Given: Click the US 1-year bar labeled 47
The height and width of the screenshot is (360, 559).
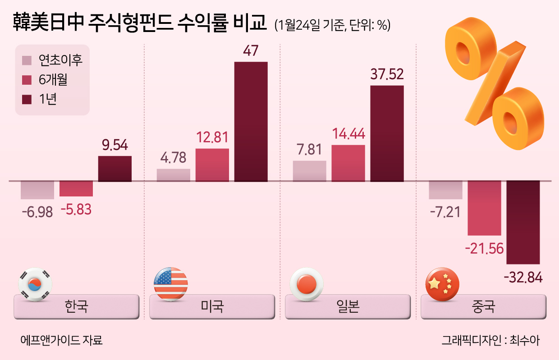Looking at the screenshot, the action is (251, 122).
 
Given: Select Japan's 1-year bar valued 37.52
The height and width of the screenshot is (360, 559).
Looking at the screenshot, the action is (387, 133).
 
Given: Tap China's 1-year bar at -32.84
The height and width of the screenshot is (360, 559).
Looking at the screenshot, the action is (523, 222).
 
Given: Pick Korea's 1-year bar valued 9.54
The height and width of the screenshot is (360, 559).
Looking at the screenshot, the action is (115, 169).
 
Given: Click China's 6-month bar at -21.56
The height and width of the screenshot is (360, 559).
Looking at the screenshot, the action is (484, 208).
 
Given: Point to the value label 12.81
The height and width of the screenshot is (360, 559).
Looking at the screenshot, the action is (212, 137).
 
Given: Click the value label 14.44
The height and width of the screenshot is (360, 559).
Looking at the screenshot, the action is (348, 133).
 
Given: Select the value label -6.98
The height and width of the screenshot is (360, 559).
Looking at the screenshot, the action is (37, 212).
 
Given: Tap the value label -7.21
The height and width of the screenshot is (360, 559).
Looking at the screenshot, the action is (445, 212).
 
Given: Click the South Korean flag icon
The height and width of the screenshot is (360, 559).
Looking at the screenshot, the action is (35, 284).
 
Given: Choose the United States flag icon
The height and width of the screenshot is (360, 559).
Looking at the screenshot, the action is (171, 284).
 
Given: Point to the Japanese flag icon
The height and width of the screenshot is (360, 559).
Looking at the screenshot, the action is (307, 284).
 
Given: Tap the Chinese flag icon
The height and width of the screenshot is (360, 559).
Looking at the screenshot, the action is (442, 284).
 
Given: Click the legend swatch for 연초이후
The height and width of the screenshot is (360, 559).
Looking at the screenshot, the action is (27, 60).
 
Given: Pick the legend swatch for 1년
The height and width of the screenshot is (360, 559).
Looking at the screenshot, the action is (27, 99).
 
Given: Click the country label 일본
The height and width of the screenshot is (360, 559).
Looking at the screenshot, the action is (348, 306).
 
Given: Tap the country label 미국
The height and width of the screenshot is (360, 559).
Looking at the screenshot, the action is (212, 306).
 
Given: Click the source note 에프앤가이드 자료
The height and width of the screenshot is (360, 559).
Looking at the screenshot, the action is (61, 340).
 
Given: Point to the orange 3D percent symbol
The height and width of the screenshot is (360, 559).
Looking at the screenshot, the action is (495, 83).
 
